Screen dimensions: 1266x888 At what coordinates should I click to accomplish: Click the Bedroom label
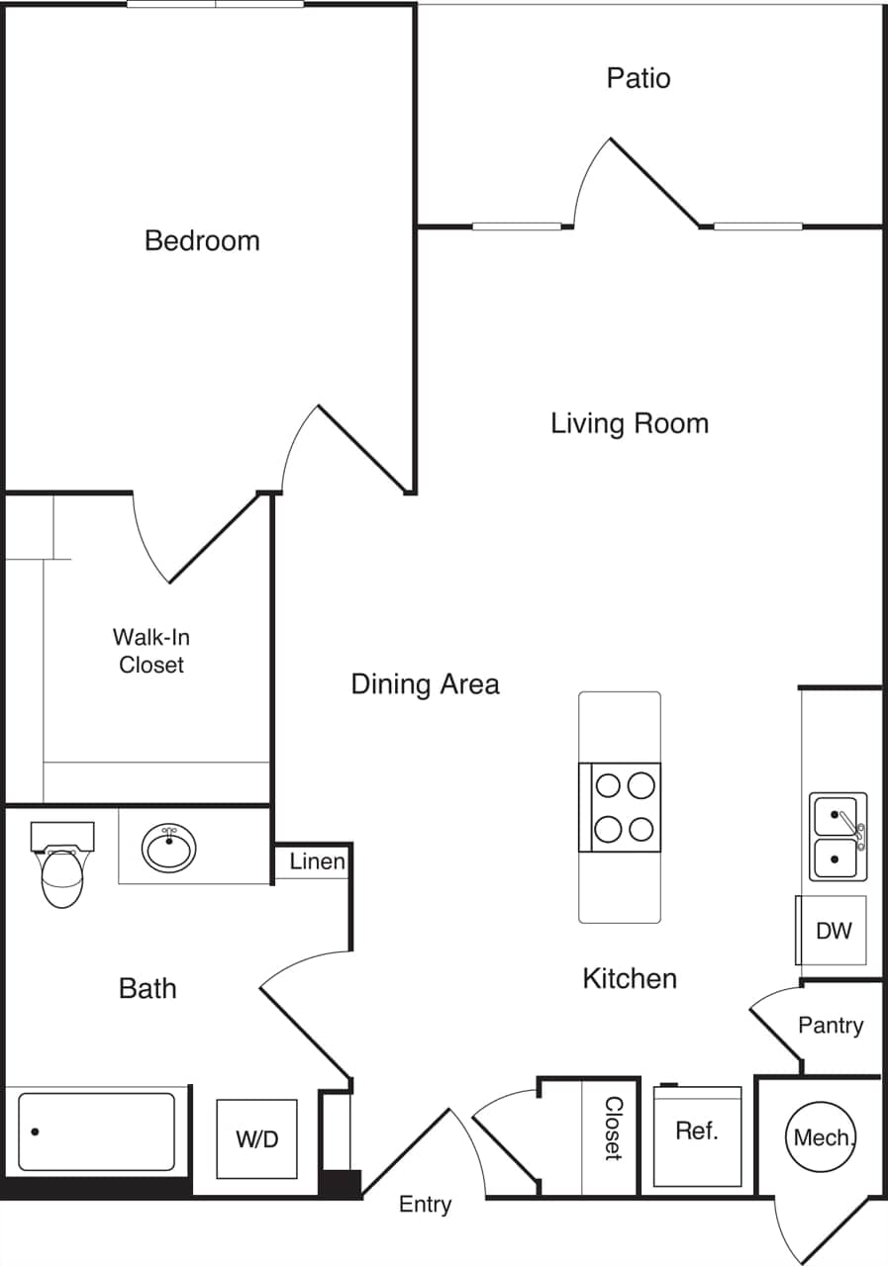(x=202, y=240)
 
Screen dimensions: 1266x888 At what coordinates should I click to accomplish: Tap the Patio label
(x=639, y=78)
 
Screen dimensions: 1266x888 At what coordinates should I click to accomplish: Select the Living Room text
(x=630, y=423)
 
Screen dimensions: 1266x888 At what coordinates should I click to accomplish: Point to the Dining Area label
(x=425, y=683)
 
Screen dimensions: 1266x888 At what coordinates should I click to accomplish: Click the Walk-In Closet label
(x=151, y=651)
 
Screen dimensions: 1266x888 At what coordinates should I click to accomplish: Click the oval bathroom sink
(x=169, y=849)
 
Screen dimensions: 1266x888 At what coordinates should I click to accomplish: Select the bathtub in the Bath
(x=97, y=1130)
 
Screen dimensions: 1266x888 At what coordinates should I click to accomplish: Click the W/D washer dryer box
(x=256, y=1138)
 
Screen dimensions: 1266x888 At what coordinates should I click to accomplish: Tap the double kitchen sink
(x=838, y=837)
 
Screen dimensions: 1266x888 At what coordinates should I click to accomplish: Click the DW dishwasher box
(x=833, y=931)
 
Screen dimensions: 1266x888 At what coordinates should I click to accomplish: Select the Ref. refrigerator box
(x=697, y=1134)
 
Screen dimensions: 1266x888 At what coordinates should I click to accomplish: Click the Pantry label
(x=831, y=1026)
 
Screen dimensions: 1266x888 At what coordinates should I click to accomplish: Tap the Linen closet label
(x=317, y=861)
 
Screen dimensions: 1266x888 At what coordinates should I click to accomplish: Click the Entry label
(x=425, y=1204)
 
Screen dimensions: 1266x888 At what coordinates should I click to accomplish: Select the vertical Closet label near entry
(x=613, y=1129)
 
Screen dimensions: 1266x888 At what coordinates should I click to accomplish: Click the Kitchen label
(x=630, y=978)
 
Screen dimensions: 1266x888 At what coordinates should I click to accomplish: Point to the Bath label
(x=148, y=987)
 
